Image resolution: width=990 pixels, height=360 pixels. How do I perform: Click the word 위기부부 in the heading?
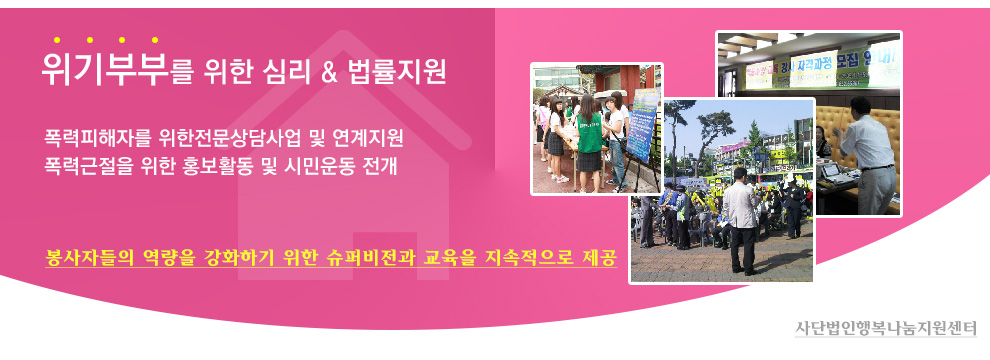point(104,69)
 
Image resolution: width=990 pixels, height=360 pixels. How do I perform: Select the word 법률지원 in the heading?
point(397,72)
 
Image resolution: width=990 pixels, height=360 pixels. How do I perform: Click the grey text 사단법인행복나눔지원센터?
point(885,328)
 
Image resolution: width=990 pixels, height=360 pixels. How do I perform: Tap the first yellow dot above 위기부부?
point(57,40)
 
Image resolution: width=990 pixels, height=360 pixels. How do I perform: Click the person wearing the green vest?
point(589,143)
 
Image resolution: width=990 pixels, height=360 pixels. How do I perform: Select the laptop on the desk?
point(830,169)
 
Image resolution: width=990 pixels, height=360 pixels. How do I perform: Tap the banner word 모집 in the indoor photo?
point(847,63)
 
